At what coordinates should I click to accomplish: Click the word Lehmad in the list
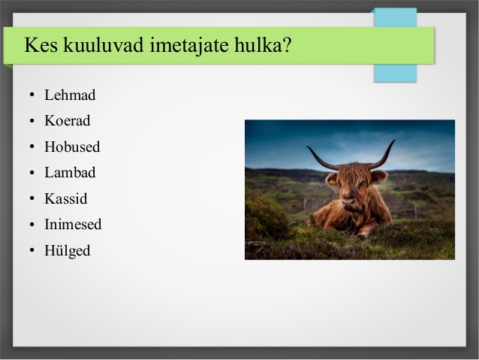[x=70, y=95]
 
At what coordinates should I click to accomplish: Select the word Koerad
[x=68, y=120]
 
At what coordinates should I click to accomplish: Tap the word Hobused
[x=72, y=147]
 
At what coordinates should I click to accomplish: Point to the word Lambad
[x=70, y=173]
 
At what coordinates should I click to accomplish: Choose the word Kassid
[x=66, y=198]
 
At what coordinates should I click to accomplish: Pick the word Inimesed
[x=73, y=224]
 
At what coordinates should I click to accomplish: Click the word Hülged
[x=68, y=250]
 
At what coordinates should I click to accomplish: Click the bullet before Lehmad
[x=32, y=95]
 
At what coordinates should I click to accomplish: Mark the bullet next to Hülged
[x=32, y=250]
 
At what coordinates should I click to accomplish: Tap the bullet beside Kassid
[x=32, y=198]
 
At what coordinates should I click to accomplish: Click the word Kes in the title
[x=41, y=45]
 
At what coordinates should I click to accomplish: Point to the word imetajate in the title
[x=189, y=46]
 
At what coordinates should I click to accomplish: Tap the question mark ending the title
[x=287, y=44]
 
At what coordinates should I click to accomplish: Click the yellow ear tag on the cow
[x=332, y=182]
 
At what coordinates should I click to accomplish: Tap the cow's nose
[x=349, y=202]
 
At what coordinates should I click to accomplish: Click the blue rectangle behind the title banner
[x=396, y=74]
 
